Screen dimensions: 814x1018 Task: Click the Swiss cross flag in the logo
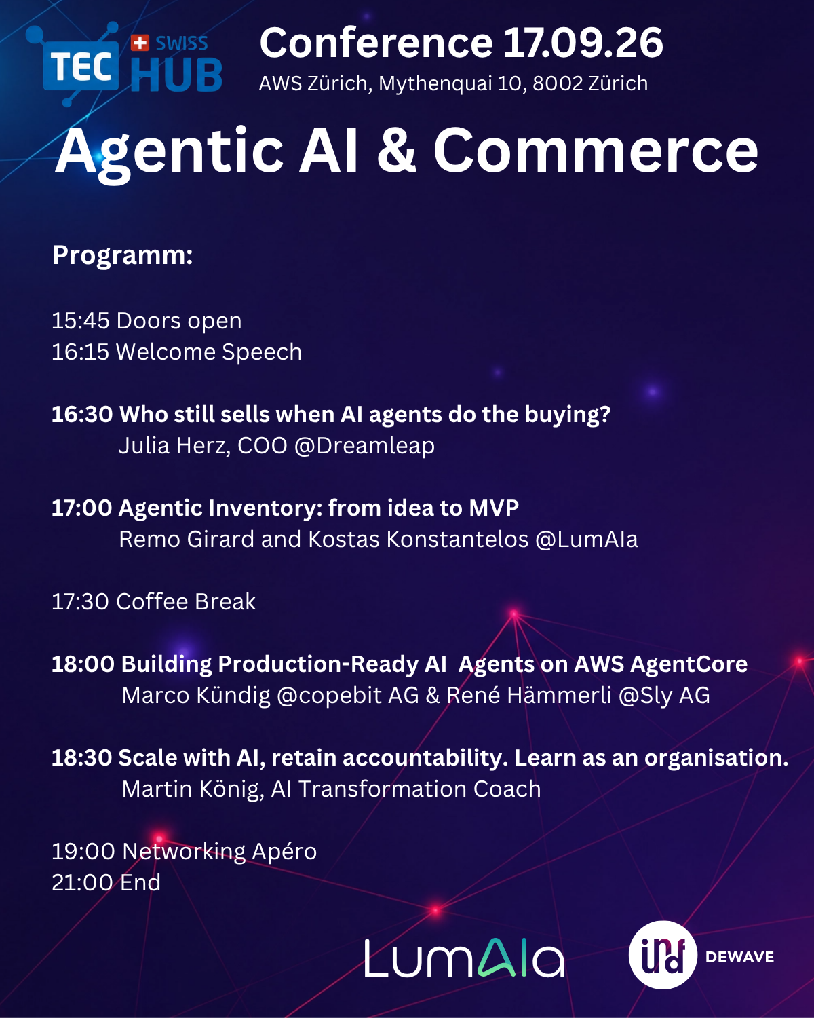click(140, 43)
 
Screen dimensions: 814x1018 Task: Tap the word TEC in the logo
click(81, 67)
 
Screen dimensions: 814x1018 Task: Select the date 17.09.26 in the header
click(583, 43)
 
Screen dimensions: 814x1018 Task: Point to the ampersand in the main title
click(396, 151)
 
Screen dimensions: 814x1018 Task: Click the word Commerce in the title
click(596, 151)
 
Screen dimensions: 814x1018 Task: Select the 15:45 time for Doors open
click(81, 321)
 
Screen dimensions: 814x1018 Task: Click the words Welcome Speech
click(208, 352)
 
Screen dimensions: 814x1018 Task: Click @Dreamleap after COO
click(364, 446)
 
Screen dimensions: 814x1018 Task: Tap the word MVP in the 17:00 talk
click(494, 508)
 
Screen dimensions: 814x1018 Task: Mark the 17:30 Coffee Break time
click(81, 602)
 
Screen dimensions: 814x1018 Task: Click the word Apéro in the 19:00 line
click(284, 852)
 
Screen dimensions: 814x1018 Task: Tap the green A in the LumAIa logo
click(495, 958)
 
